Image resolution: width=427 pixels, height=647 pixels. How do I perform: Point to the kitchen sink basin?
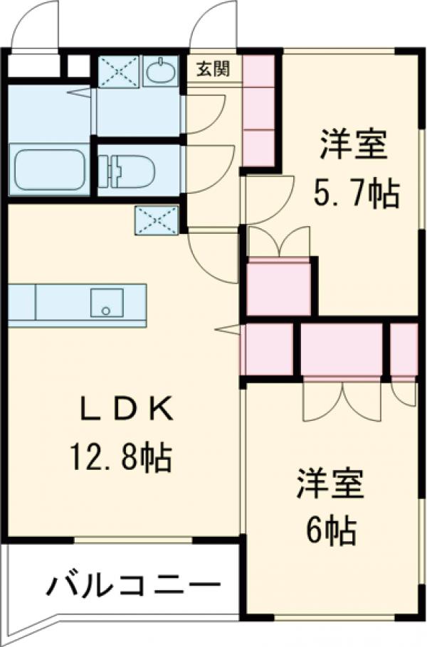point(107,304)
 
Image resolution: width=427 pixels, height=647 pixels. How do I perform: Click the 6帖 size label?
point(331,530)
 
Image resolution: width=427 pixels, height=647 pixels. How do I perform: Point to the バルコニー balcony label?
point(132,586)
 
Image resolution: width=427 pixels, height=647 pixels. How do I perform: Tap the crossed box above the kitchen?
point(156,220)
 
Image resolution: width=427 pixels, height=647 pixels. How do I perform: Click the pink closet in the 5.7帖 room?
point(279,287)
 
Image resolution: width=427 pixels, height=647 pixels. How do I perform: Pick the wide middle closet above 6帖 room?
point(342,348)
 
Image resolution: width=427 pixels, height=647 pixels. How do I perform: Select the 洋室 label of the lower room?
point(330,483)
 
